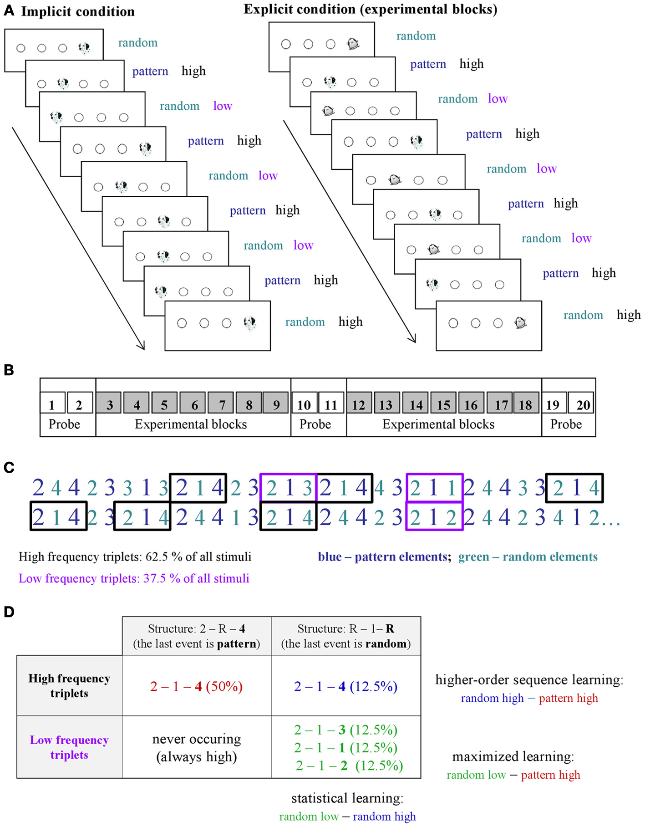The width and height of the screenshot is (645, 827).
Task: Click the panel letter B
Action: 9,370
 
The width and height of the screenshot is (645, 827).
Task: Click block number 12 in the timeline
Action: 359,404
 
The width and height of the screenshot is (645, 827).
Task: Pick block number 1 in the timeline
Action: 52,404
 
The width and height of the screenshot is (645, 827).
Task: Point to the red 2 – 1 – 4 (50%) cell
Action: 196,686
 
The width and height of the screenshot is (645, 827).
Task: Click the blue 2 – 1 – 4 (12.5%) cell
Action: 345,686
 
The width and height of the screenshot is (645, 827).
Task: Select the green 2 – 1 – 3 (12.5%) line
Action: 345,730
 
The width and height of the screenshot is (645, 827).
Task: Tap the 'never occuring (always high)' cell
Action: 196,747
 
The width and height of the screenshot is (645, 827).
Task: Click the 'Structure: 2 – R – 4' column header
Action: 196,636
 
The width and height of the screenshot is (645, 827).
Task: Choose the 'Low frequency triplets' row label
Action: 69,747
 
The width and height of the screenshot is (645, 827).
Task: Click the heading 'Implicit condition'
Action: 78,11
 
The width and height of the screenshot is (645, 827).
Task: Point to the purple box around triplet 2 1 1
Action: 434,488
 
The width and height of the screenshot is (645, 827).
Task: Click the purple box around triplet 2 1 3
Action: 288,488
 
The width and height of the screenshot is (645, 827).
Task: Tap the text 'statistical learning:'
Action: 347,798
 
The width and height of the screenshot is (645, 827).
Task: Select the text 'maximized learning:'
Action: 513,756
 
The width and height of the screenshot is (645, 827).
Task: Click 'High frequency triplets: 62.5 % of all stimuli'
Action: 135,556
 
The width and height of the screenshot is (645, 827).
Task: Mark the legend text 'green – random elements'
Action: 528,556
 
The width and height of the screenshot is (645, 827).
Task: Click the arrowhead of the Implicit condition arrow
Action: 142,347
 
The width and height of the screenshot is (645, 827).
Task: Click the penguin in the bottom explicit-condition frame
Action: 520,323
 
